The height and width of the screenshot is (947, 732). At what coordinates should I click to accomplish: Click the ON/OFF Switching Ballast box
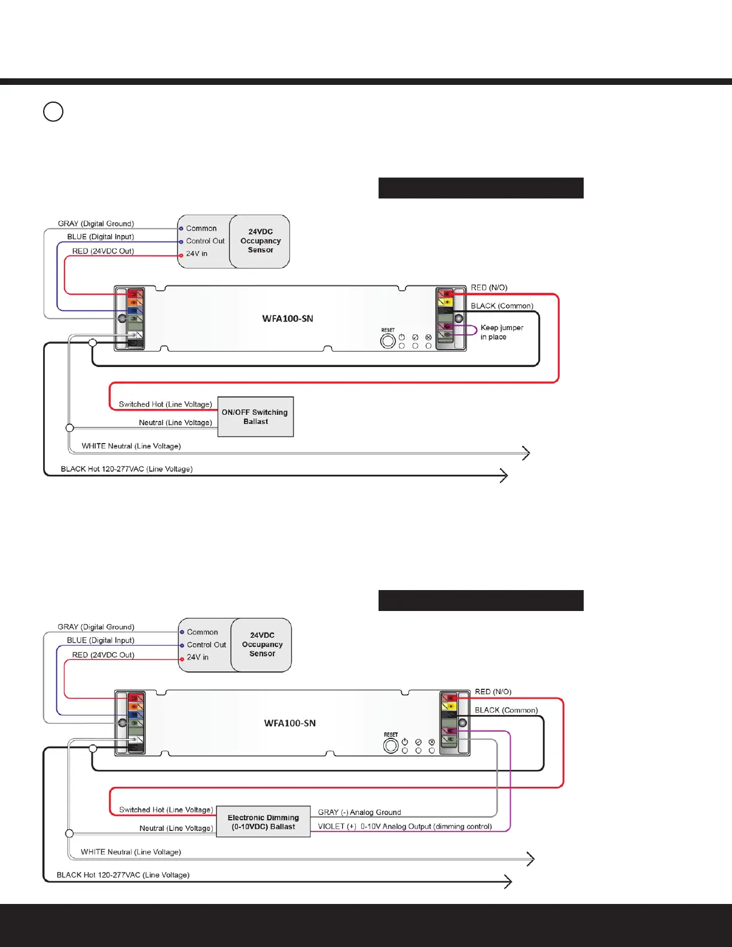(x=255, y=417)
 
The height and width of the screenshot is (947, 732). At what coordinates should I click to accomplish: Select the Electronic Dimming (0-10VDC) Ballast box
(x=263, y=822)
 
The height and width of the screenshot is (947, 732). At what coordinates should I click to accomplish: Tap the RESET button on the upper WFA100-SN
(x=388, y=341)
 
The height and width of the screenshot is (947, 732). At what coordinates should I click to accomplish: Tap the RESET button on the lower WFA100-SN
(x=391, y=746)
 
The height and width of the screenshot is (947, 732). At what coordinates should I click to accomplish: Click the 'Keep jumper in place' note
(x=501, y=332)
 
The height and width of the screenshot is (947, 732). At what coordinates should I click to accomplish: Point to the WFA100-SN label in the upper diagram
(x=288, y=319)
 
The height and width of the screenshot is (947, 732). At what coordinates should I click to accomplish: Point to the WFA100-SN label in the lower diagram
(x=290, y=723)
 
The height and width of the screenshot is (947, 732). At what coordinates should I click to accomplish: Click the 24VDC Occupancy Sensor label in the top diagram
(x=261, y=241)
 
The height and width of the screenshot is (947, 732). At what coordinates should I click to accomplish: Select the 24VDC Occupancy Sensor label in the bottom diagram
(x=263, y=644)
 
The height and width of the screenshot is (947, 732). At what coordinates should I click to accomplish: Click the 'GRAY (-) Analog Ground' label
(x=359, y=812)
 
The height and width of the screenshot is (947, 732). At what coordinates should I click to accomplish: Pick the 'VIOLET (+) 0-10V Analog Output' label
(x=405, y=827)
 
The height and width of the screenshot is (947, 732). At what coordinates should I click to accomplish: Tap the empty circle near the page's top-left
(x=53, y=112)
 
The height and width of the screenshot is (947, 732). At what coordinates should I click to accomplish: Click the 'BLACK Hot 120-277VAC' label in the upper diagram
(x=127, y=469)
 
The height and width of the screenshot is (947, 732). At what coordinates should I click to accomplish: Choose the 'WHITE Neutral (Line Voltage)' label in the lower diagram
(x=131, y=852)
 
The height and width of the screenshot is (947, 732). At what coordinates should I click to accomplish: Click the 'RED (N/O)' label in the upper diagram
(x=489, y=288)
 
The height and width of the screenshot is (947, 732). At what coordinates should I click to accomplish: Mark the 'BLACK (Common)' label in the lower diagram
(x=506, y=710)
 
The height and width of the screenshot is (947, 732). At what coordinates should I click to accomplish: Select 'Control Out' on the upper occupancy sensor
(x=205, y=241)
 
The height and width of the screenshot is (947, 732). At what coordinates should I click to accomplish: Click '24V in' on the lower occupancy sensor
(x=197, y=657)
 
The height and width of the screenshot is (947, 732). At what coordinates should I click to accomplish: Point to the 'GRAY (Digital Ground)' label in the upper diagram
(x=96, y=224)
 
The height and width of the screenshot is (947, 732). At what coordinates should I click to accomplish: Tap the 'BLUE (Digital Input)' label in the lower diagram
(x=100, y=640)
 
